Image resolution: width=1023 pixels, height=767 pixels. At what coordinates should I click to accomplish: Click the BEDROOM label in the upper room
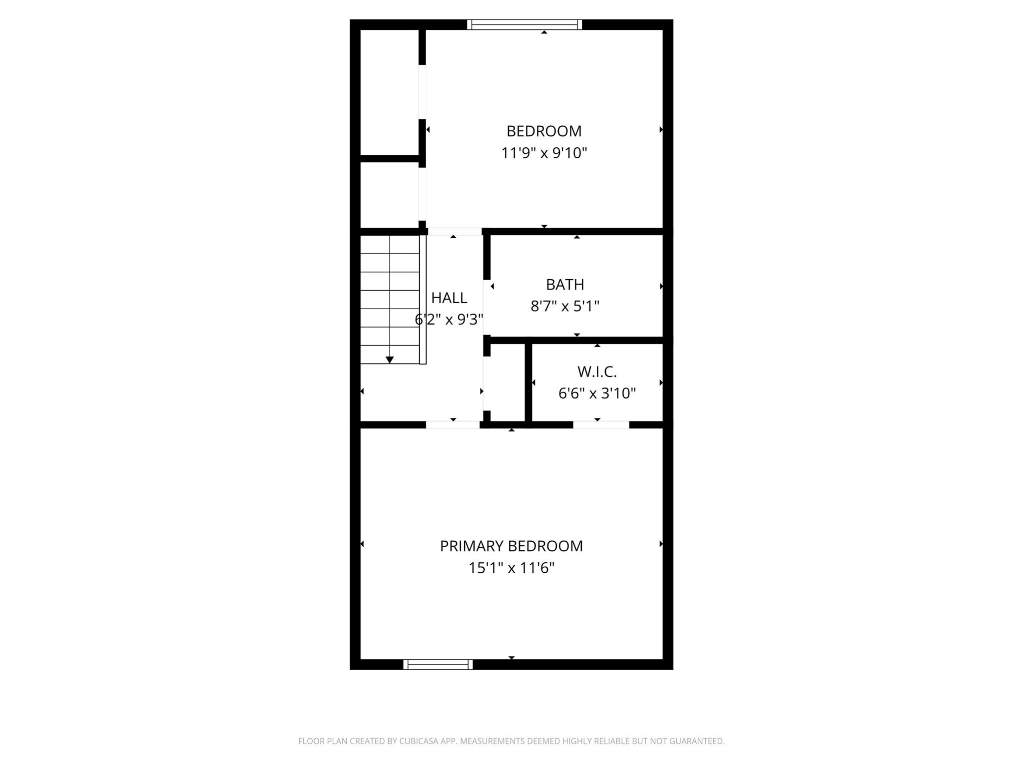544,131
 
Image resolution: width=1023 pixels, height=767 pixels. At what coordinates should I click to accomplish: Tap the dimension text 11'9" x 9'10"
544,153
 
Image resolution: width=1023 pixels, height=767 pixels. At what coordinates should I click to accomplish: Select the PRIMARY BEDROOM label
511,546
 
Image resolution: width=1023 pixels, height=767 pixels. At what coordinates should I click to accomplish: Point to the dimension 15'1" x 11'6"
511,568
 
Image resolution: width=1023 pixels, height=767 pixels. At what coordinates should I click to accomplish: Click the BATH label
565,285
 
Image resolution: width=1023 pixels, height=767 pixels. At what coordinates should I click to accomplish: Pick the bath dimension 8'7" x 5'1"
565,306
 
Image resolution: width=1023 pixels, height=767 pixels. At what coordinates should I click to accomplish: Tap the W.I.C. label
597,372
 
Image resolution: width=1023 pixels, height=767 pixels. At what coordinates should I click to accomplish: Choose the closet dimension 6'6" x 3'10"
597,393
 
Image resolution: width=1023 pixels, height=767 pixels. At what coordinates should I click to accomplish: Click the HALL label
449,298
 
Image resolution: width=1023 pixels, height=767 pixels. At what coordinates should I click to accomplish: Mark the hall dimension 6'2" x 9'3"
449,320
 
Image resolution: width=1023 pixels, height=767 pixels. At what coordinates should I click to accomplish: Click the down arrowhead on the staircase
390,360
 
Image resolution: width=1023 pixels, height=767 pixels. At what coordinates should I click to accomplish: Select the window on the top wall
524,24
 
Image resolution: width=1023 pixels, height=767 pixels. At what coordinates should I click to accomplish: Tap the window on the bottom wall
438,664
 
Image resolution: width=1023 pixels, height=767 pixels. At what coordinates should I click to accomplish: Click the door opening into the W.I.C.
601,425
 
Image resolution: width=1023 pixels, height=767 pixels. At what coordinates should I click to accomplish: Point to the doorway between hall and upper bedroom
455,232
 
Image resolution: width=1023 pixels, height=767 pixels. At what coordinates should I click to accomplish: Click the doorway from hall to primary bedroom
453,425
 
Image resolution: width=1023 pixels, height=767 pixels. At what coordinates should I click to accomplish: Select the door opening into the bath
487,307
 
